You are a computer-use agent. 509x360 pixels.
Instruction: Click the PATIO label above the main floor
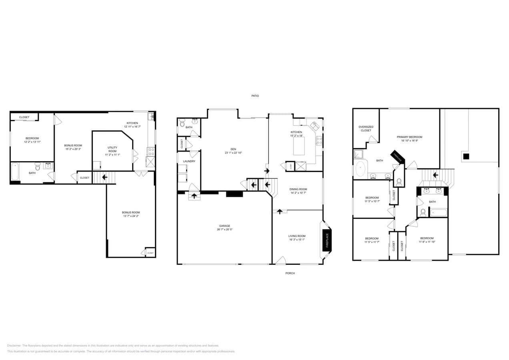click(255, 96)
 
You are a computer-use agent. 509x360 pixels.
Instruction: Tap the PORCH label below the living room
click(290, 273)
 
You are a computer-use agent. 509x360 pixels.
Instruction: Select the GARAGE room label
click(224, 226)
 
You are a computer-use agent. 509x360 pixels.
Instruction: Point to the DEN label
click(233, 149)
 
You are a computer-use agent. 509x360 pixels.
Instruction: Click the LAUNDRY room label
click(189, 161)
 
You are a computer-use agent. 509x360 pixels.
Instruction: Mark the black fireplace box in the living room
click(327, 240)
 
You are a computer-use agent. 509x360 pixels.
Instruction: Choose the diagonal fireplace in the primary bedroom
click(398, 157)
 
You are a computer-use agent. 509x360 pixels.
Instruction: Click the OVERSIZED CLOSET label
click(366, 129)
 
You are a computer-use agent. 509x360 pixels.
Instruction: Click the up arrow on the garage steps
click(195, 196)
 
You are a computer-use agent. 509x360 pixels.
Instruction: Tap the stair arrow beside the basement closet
click(104, 177)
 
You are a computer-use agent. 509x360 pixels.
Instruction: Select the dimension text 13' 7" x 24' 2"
click(131, 216)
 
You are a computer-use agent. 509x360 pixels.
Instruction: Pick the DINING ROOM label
click(298, 189)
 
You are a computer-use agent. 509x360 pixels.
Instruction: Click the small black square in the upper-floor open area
click(466, 156)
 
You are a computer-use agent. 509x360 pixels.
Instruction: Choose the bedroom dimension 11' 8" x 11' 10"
click(427, 242)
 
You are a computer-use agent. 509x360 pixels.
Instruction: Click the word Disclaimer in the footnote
click(14, 346)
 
